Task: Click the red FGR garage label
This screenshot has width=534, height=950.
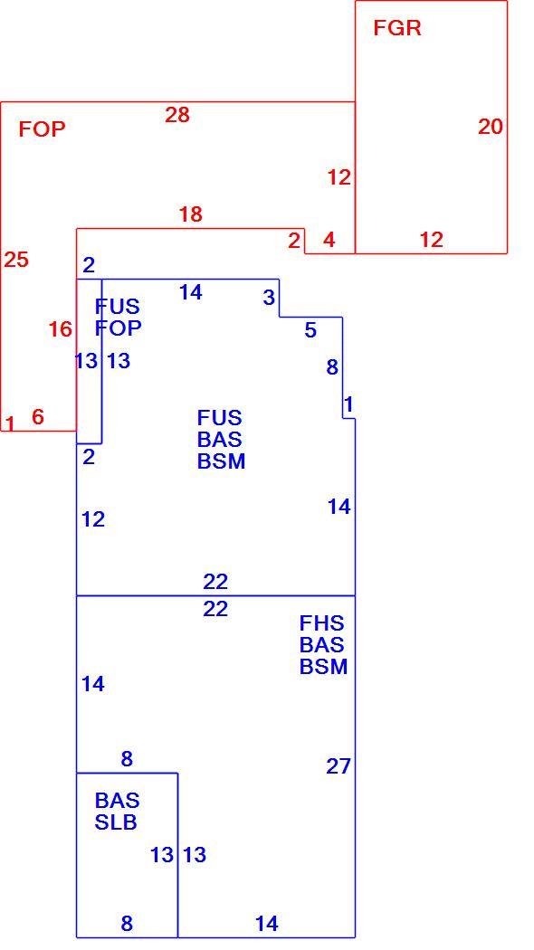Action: tap(397, 28)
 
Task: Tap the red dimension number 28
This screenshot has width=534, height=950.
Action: tap(177, 115)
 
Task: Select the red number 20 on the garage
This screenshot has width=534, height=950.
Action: tap(491, 127)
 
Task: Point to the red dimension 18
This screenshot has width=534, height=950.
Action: tap(190, 214)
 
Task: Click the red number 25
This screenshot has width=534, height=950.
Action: tap(16, 260)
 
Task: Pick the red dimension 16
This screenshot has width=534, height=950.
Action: tap(60, 329)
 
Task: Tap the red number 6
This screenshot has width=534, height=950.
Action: tap(38, 417)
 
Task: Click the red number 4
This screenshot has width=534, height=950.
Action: tap(329, 240)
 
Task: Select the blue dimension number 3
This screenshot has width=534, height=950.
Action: tap(269, 298)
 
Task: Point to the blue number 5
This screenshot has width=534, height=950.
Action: tap(310, 330)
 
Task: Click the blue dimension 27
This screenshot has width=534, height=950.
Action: tap(339, 766)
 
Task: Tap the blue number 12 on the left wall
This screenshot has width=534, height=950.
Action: tap(92, 519)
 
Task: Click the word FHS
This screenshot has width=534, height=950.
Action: tap(321, 622)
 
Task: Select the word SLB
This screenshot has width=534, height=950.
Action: tap(115, 822)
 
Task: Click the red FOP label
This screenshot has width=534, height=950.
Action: tap(42, 129)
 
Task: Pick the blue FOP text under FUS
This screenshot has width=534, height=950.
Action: tap(119, 328)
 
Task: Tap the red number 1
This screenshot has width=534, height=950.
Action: tap(10, 423)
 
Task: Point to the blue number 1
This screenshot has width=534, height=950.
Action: tap(348, 404)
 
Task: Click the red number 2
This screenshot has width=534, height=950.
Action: tap(294, 241)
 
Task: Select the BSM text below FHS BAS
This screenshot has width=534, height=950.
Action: tap(324, 667)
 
